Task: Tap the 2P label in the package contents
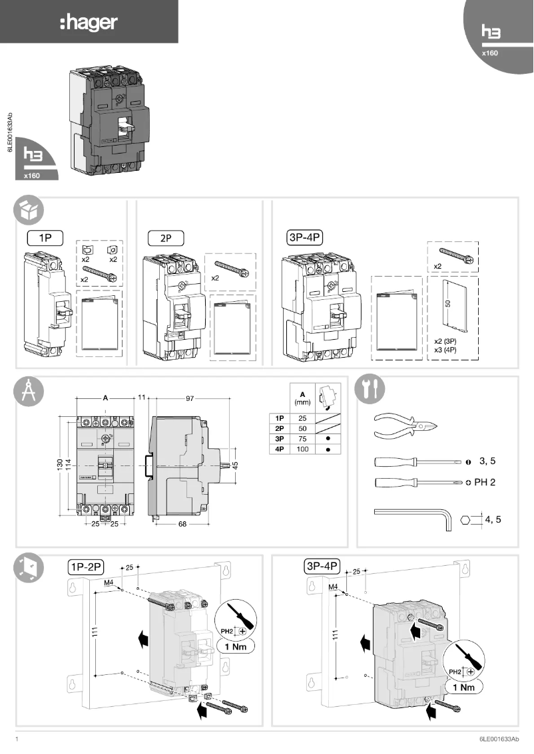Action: (164, 236)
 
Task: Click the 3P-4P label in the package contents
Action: (302, 236)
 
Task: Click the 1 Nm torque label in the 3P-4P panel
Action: (463, 687)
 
